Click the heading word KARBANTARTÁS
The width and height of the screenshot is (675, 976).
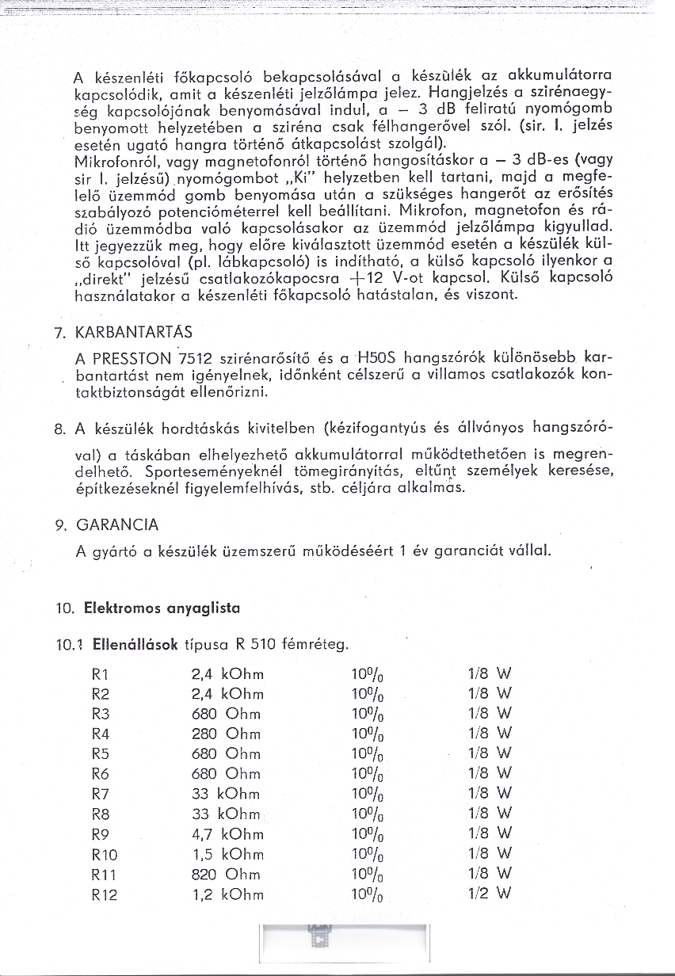tap(134, 331)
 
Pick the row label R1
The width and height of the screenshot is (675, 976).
tap(101, 675)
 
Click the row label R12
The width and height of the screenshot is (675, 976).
tap(105, 894)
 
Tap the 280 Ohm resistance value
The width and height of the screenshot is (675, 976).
tap(226, 734)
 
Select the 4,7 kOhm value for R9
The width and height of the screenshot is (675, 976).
tap(227, 833)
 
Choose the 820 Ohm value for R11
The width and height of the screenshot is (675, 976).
tap(226, 875)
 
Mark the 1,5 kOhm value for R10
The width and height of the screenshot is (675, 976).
tap(227, 854)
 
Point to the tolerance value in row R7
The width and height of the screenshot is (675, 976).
tap(368, 794)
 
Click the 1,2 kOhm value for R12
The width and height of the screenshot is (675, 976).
tap(227, 894)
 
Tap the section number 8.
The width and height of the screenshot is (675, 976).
tap(59, 430)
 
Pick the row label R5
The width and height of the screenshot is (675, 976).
tap(101, 753)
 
